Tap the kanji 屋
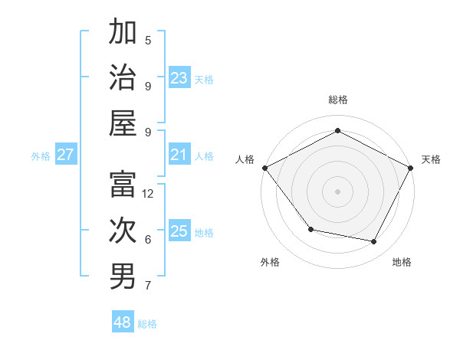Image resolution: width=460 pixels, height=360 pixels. tap(123, 123)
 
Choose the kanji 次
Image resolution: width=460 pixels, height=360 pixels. tap(123, 231)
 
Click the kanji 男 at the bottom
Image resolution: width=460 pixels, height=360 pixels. tap(123, 277)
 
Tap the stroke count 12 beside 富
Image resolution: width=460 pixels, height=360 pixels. tap(148, 194)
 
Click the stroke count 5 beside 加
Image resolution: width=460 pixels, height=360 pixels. tap(148, 41)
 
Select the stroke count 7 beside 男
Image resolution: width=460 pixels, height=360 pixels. tap(148, 286)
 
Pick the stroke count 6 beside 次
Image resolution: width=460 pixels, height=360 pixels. tap(148, 240)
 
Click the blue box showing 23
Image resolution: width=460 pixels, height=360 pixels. tap(179, 78)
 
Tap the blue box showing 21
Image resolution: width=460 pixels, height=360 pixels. tap(179, 155)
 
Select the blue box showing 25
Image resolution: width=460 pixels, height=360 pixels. tap(179, 231)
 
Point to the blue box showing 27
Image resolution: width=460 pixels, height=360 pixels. tap(65, 155)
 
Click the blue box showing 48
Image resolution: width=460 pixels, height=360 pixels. tap(123, 322)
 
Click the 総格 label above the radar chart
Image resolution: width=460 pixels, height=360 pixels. tap(337, 100)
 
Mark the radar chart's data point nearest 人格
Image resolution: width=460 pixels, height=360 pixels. tap(264, 168)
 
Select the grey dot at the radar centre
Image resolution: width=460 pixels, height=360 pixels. tap(337, 191)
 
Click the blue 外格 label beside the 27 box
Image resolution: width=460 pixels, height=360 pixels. tap(41, 156)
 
